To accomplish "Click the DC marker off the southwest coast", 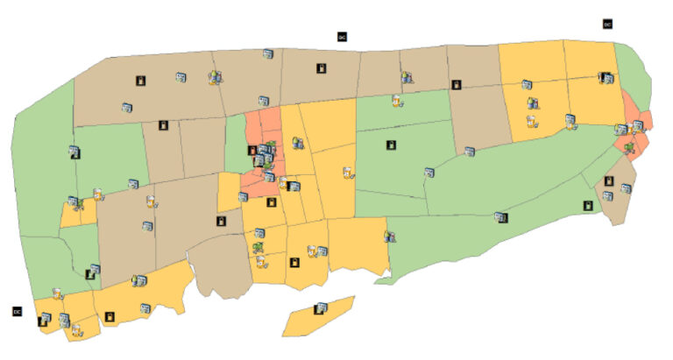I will click(x=17, y=311).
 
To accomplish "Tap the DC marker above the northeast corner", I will click(x=607, y=24).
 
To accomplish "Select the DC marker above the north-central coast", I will click(x=343, y=37).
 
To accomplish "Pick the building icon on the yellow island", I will click(x=322, y=307).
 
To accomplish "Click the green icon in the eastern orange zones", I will click(x=629, y=146).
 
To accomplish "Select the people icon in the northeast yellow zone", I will click(x=533, y=104).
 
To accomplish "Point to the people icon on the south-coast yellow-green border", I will click(x=389, y=236).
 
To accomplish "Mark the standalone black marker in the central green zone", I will click(x=391, y=145).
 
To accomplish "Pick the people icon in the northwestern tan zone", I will click(x=214, y=78).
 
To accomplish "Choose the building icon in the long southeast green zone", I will click(x=501, y=216).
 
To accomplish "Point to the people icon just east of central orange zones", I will click(x=298, y=142).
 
